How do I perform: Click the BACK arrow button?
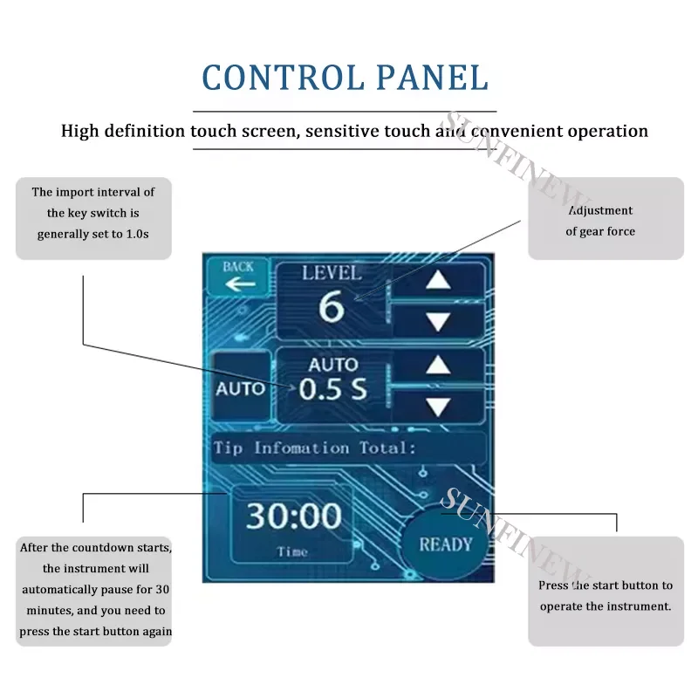point(238,277)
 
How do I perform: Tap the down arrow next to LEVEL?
point(438,321)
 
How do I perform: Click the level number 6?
point(331,308)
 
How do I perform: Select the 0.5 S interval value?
point(332,390)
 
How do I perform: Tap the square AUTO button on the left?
point(239,388)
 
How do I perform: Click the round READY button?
point(445,544)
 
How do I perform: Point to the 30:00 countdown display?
point(292,516)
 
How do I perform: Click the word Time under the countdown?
point(292,551)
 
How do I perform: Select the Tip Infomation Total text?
point(314,448)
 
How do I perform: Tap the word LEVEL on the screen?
point(331,272)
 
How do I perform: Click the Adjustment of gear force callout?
point(605,221)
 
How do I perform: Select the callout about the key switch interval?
point(92,214)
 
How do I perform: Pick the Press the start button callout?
point(605,596)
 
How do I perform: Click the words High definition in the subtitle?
point(122,132)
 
